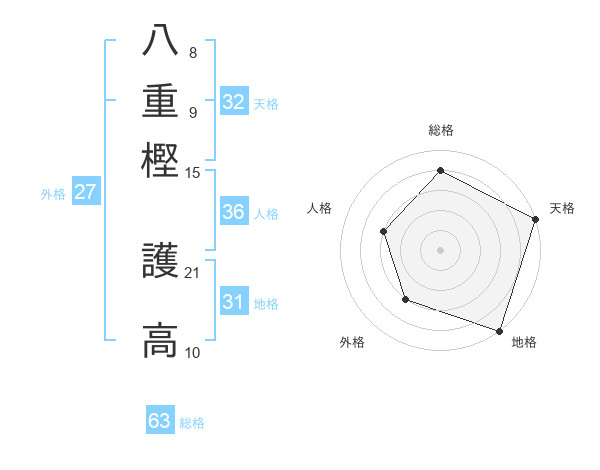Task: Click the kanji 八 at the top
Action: [x=160, y=41]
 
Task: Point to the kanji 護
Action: [x=160, y=261]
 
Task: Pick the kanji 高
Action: [x=160, y=340]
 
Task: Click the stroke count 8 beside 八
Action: [x=192, y=53]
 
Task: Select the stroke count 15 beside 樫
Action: [x=193, y=173]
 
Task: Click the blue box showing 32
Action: [x=234, y=101]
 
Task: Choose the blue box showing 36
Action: [x=234, y=212]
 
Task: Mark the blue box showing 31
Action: [x=234, y=302]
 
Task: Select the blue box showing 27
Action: [x=85, y=192]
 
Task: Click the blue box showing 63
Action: [x=160, y=421]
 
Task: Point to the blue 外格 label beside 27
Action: [x=52, y=194]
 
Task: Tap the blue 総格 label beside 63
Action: [x=192, y=423]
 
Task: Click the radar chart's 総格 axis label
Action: [x=440, y=131]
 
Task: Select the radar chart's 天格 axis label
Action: [x=562, y=208]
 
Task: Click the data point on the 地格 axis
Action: [x=499, y=330]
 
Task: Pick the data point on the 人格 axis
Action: [x=384, y=231]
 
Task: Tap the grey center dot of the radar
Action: [x=440, y=249]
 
